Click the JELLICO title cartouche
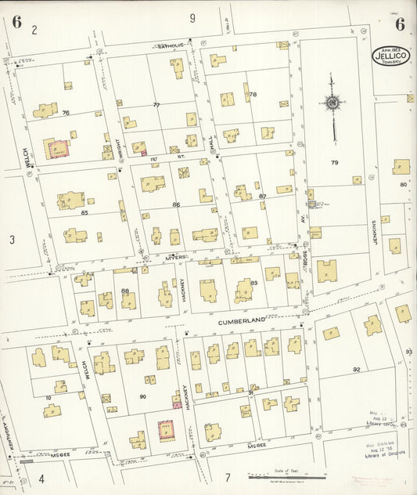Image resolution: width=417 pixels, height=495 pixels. coord(390,55)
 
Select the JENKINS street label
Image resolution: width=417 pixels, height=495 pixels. coord(375,233)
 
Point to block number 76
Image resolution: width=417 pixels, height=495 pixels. coord(66,113)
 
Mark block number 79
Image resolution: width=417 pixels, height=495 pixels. coord(334,163)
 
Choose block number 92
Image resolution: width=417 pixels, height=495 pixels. coord(357,369)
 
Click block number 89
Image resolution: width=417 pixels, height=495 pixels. coord(254,283)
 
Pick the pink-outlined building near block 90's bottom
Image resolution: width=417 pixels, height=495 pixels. coord(167,430)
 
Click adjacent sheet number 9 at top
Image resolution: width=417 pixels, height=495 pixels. coord(192,17)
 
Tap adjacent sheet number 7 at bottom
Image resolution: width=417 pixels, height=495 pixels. coord(227,477)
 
